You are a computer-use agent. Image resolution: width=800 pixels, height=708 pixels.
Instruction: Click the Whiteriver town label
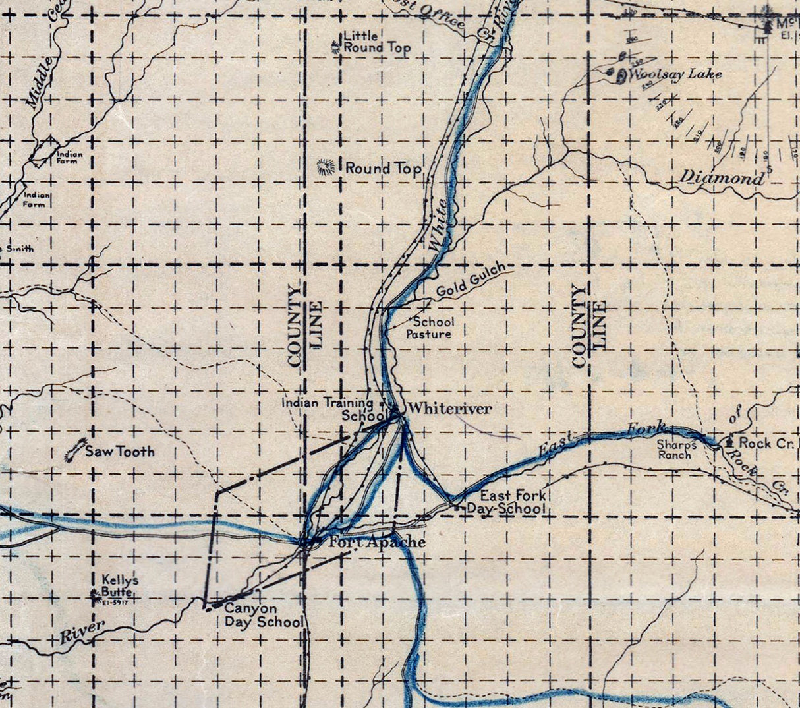point(449,409)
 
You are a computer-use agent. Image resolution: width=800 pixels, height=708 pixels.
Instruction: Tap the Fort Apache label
point(377,543)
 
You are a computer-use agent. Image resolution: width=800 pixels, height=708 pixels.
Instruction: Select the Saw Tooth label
point(120,452)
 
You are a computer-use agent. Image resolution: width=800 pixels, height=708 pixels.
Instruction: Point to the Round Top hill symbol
point(324,167)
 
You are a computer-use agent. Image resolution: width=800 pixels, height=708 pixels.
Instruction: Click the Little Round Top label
point(377,42)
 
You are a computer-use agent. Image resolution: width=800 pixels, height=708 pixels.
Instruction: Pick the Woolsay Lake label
point(675,74)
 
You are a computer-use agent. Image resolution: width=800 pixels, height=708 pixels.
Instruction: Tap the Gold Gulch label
point(471,279)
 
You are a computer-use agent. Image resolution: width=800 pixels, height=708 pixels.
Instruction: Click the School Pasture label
point(429,328)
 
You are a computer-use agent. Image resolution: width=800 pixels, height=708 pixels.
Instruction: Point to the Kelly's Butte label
point(120,585)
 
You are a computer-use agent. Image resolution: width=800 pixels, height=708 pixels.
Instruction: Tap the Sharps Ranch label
point(676,450)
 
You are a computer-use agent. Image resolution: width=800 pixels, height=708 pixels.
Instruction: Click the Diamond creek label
point(722,177)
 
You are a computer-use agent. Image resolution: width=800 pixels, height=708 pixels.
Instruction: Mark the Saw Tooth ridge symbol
point(75,450)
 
